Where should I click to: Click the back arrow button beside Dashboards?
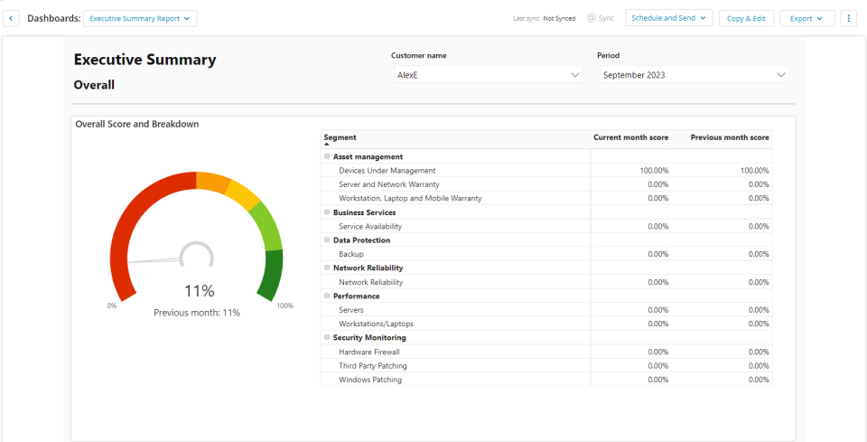click(11, 18)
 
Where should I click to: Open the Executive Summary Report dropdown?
click(140, 18)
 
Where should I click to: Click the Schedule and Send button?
click(669, 18)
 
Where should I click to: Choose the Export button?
click(806, 18)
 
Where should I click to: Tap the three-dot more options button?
click(848, 18)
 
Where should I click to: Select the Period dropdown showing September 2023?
click(694, 75)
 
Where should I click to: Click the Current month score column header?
click(631, 137)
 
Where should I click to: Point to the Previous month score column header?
click(730, 137)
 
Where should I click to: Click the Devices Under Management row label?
click(387, 171)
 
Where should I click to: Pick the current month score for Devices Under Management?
click(654, 171)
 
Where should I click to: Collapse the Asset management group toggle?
click(327, 156)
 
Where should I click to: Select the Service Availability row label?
click(370, 226)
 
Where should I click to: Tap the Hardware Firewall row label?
click(369, 352)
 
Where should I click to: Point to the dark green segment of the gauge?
click(270, 275)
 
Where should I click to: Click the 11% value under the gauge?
click(199, 290)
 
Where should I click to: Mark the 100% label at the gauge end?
click(284, 306)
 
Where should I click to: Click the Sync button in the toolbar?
click(601, 18)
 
